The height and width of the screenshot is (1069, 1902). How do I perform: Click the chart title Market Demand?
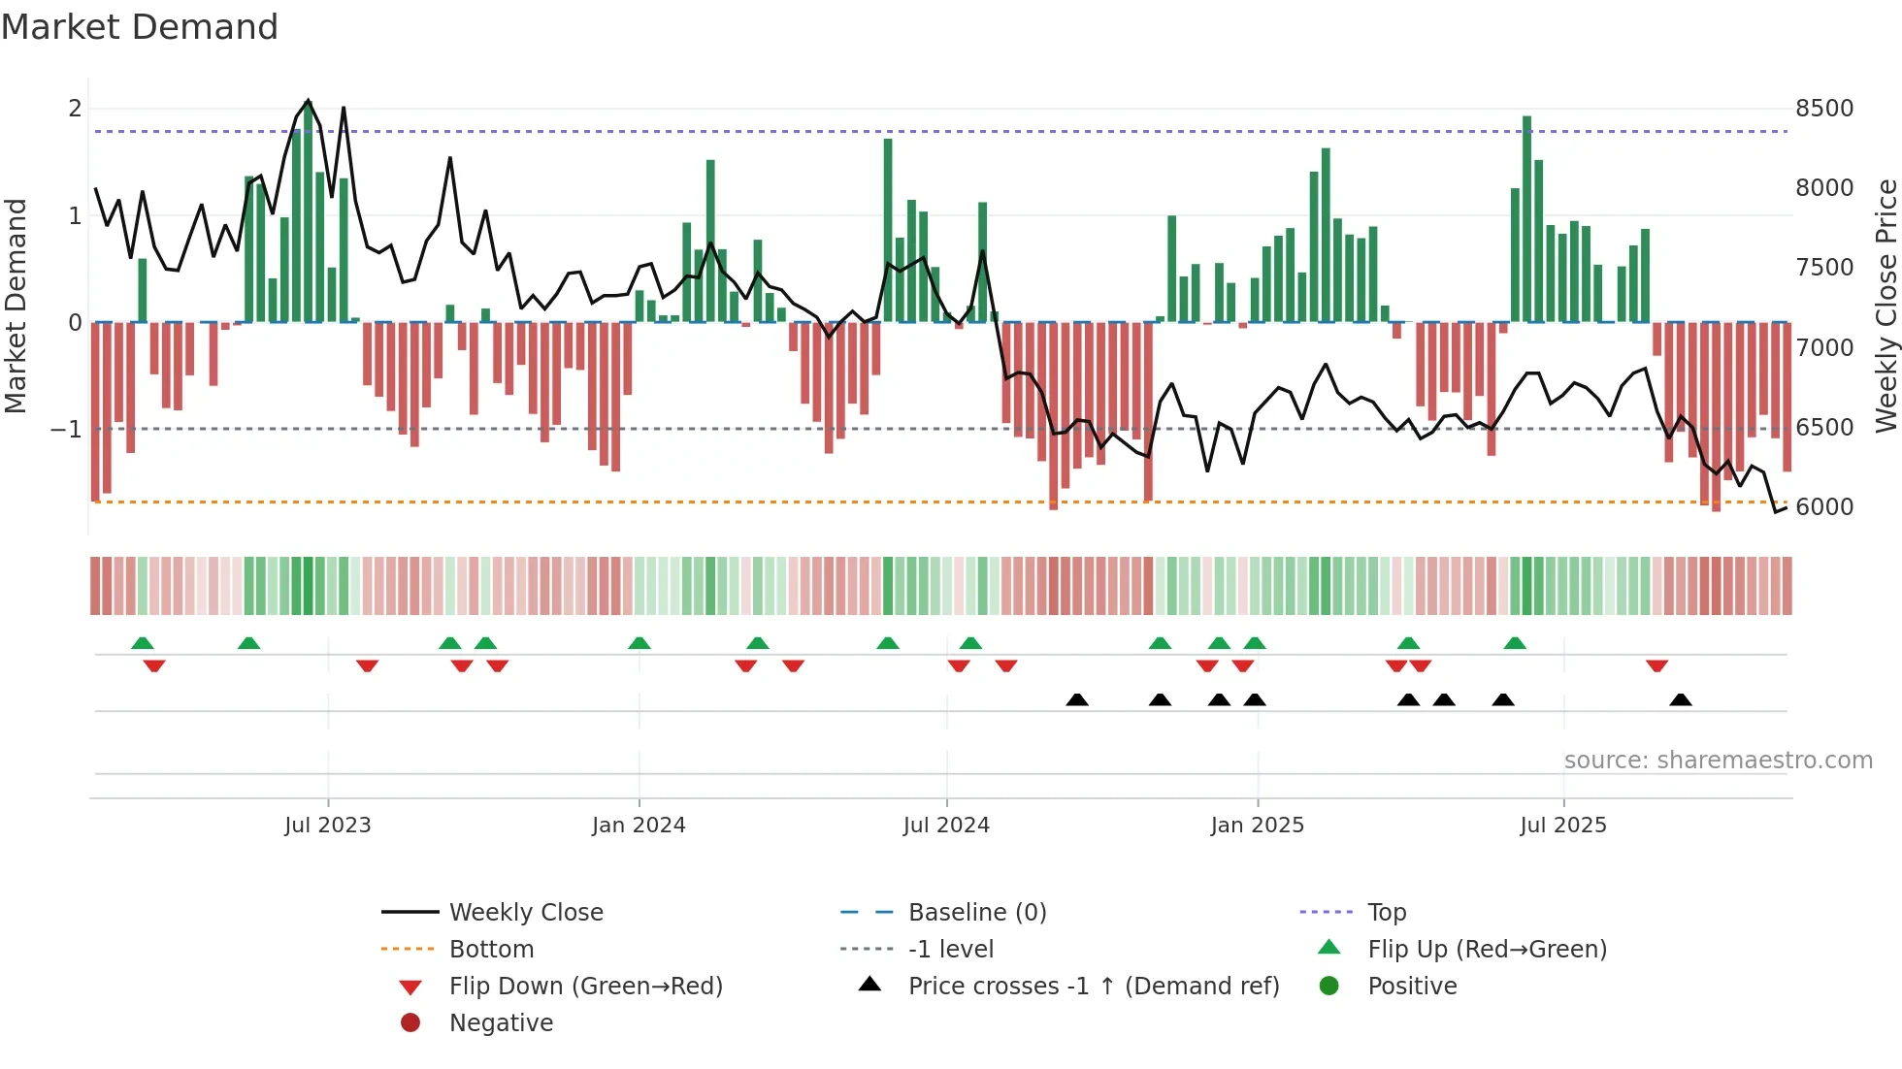click(x=140, y=27)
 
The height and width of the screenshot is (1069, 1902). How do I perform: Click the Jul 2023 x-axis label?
click(x=328, y=826)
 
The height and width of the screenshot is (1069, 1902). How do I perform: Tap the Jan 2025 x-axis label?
click(x=1258, y=826)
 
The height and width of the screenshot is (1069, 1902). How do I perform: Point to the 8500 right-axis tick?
click(x=1824, y=109)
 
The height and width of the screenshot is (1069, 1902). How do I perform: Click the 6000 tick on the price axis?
click(x=1824, y=507)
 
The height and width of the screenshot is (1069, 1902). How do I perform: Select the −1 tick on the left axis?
click(x=67, y=429)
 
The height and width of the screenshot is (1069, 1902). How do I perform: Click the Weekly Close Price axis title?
click(x=1886, y=306)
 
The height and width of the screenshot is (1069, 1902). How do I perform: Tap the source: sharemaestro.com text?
click(x=1718, y=761)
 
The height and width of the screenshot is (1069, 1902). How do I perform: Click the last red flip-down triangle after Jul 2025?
click(x=1656, y=666)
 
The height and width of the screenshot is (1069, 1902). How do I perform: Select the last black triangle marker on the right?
click(x=1681, y=699)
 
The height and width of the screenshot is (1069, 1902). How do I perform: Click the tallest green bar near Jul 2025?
click(x=1526, y=218)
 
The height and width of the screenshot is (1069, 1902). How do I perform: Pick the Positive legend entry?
click(x=1412, y=987)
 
